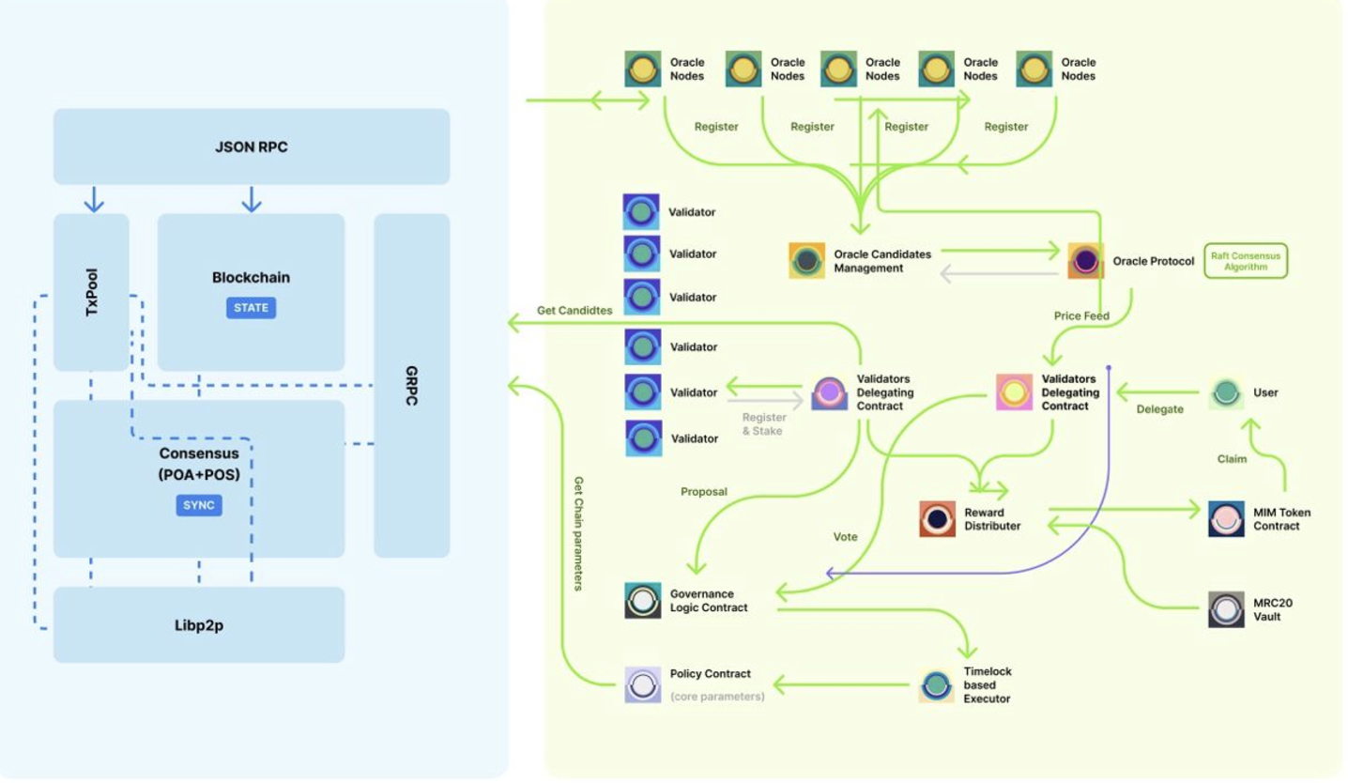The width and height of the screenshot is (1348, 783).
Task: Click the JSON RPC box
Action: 251,146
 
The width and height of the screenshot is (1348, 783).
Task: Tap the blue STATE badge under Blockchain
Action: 251,307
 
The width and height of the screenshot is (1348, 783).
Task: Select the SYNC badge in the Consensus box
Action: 199,505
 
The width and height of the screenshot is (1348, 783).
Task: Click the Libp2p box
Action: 199,625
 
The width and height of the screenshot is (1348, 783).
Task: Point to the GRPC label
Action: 412,386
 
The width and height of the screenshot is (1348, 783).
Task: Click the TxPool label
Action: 91,292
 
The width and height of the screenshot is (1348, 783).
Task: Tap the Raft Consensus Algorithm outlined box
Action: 1246,261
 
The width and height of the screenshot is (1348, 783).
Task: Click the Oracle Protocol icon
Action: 1086,261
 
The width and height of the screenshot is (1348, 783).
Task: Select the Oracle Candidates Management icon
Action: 806,261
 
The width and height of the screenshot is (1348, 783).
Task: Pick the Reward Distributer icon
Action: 937,519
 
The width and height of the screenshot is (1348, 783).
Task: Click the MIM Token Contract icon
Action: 1226,519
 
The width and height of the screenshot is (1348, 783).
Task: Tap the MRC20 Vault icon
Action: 1226,609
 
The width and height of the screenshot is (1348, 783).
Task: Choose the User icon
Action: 1226,392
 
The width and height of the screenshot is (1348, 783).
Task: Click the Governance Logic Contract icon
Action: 643,601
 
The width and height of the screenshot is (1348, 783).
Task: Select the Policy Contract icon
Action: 643,684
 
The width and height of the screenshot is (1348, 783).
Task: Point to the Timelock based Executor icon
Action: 937,685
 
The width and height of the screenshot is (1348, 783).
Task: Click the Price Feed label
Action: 1081,316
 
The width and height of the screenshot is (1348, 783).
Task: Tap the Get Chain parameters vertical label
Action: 578,533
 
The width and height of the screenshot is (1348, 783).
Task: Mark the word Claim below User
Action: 1232,459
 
